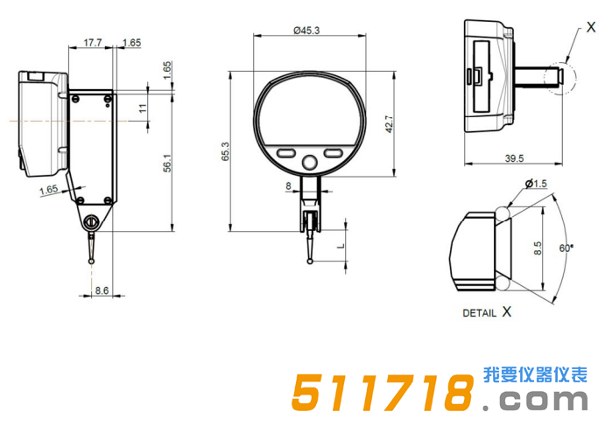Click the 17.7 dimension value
[x=92, y=42]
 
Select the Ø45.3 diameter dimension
[x=306, y=30]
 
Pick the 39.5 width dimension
[x=514, y=158]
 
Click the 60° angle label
[x=566, y=248]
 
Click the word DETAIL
[x=479, y=312]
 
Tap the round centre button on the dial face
[x=309, y=162]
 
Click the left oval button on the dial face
[x=285, y=153]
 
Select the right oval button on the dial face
[x=334, y=153]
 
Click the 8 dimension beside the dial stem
[x=288, y=185]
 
